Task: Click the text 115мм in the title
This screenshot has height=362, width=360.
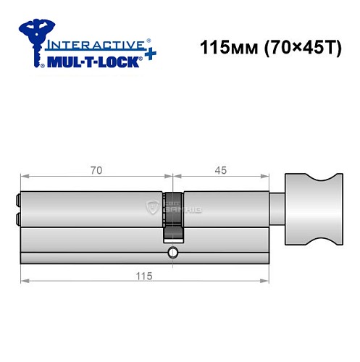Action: pyautogui.click(x=222, y=51)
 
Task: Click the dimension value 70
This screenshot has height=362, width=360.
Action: pyautogui.click(x=96, y=169)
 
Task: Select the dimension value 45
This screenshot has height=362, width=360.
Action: pyautogui.click(x=221, y=169)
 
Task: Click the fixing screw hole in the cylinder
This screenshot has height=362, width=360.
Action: pyautogui.click(x=172, y=253)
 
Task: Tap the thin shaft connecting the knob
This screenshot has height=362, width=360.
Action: pyautogui.click(x=277, y=210)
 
